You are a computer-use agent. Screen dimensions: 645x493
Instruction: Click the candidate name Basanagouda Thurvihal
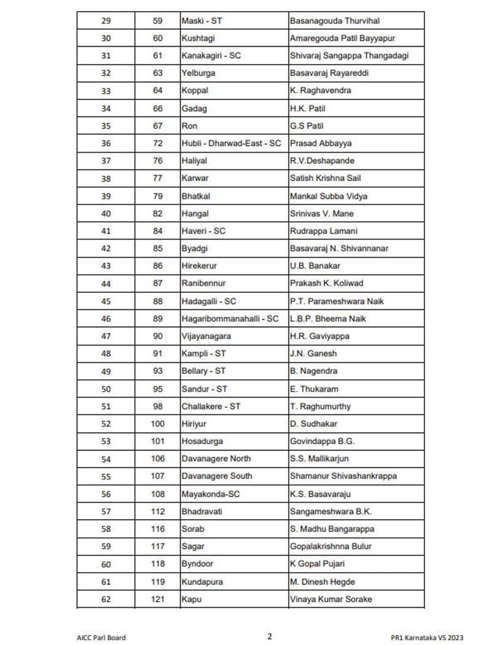click(x=334, y=21)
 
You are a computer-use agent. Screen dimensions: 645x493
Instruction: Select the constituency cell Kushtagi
click(x=198, y=38)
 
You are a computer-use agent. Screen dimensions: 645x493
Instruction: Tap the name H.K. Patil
click(x=307, y=109)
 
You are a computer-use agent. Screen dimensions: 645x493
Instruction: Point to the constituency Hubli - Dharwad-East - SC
click(x=231, y=143)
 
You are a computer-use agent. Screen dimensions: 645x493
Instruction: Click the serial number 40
click(x=106, y=214)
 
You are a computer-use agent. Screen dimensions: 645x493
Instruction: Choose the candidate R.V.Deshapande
click(x=322, y=161)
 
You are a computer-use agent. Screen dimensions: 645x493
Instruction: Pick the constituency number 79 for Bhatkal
click(x=158, y=196)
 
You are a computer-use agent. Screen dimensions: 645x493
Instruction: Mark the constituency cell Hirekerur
click(x=199, y=266)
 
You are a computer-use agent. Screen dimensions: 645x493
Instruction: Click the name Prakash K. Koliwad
click(x=326, y=283)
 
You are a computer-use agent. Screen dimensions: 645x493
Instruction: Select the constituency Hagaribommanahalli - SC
click(x=230, y=319)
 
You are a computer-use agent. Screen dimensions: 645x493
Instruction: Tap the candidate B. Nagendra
click(x=314, y=371)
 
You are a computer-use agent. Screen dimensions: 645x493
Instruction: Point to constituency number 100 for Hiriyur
click(x=158, y=424)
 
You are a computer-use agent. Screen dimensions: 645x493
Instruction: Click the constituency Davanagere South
click(x=217, y=476)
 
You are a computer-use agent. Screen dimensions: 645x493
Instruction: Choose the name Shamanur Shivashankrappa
click(x=343, y=476)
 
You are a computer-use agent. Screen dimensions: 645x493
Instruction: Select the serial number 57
click(x=106, y=512)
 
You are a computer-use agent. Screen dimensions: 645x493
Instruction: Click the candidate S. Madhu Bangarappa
click(x=332, y=529)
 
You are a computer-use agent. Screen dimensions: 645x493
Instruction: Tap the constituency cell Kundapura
click(x=202, y=582)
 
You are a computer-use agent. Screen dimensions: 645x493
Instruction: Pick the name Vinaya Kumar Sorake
click(x=331, y=599)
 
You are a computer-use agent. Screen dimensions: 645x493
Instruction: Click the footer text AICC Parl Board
click(x=101, y=638)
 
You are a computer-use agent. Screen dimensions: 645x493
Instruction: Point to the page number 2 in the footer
click(x=270, y=637)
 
